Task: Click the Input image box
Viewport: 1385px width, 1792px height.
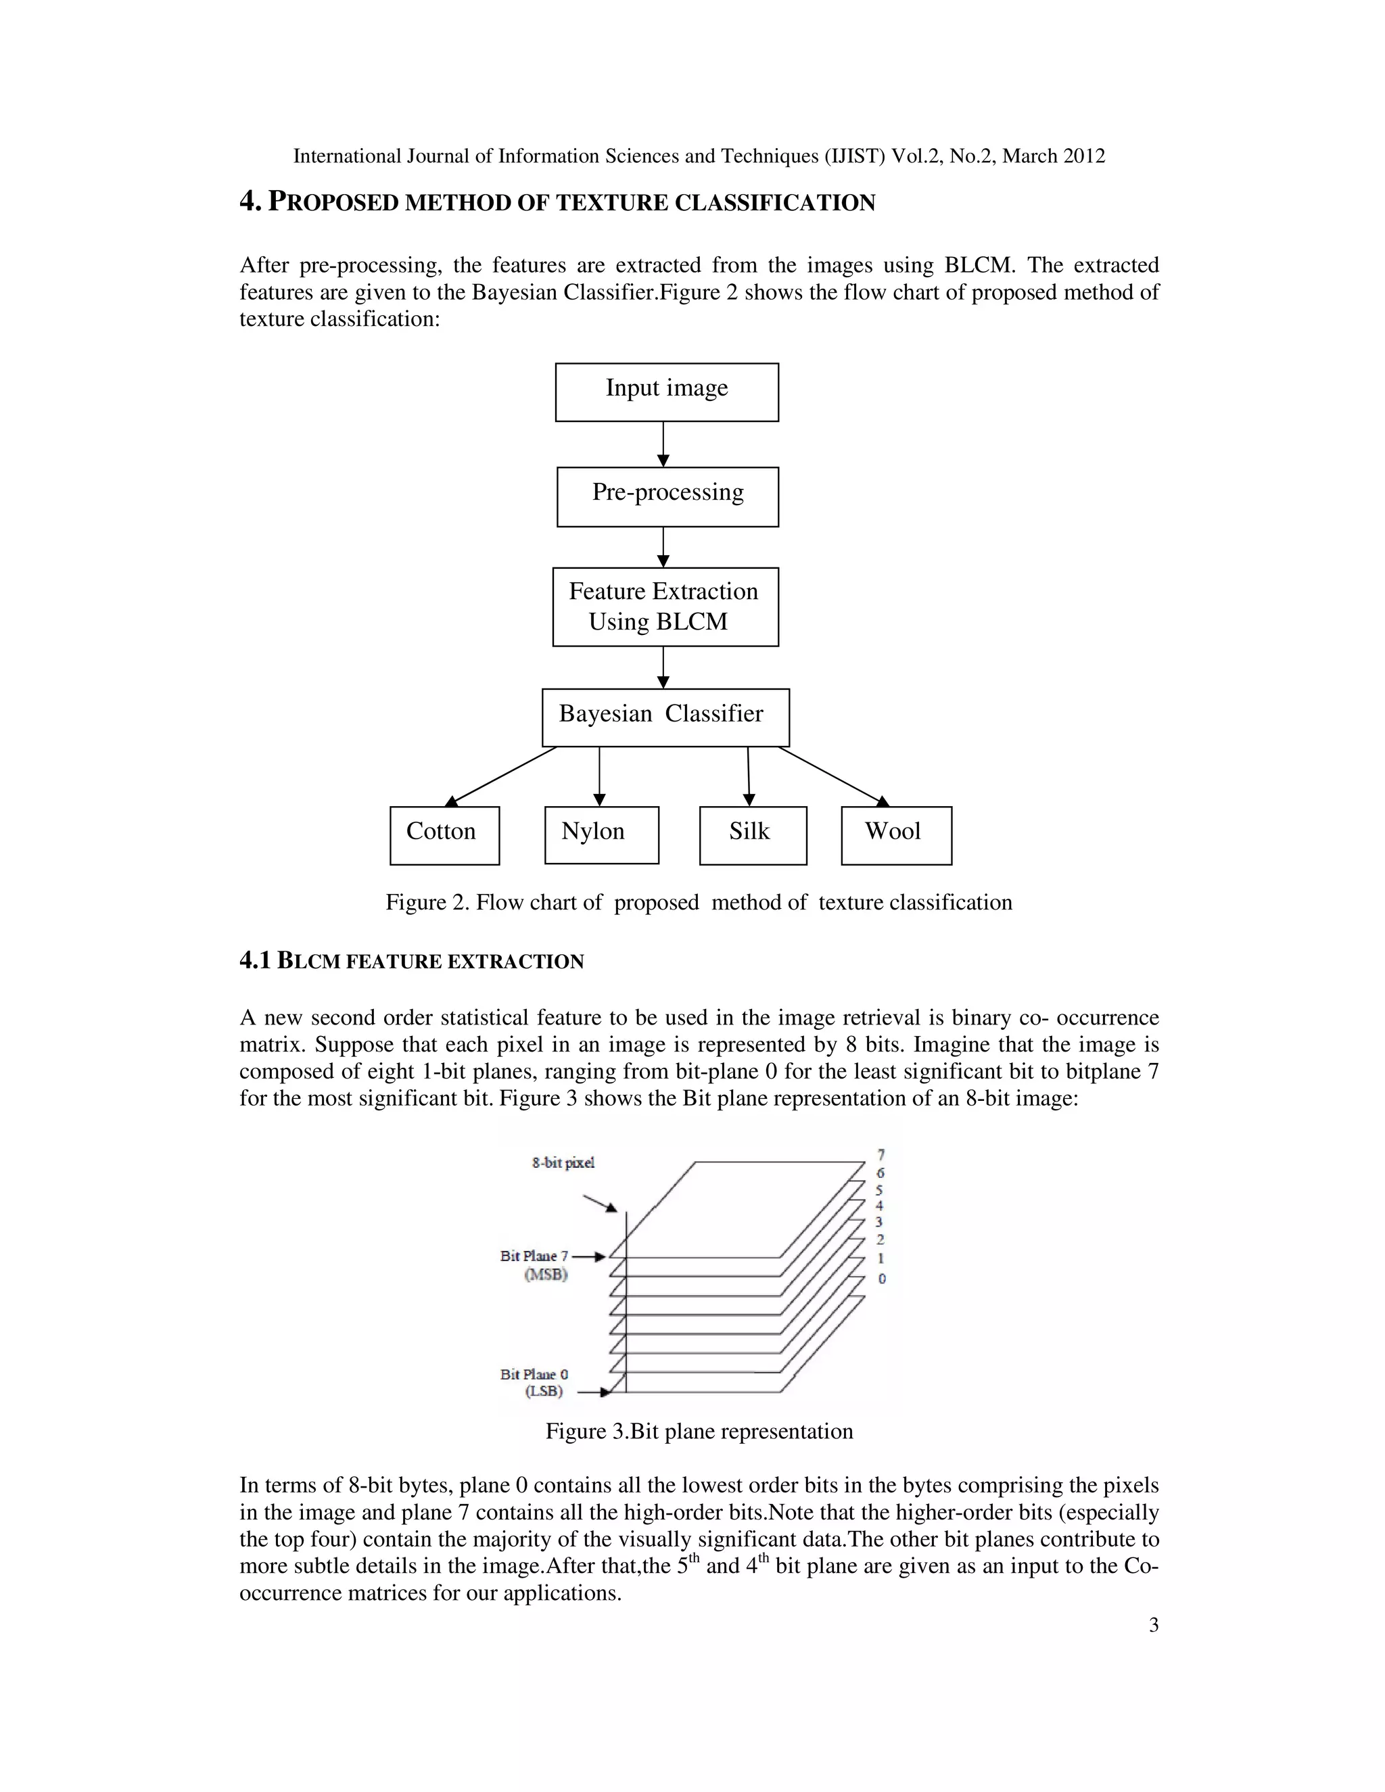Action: [x=666, y=392]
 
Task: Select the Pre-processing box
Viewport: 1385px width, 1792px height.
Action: [x=667, y=496]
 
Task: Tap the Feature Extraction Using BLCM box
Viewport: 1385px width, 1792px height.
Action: [x=665, y=607]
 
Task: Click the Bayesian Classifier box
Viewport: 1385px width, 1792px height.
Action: [x=665, y=717]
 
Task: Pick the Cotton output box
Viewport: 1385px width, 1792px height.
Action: [x=444, y=835]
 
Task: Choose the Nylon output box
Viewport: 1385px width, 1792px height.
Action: [x=601, y=834]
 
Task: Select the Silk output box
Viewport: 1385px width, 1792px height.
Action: [x=753, y=835]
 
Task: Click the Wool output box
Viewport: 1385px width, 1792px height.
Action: [x=896, y=835]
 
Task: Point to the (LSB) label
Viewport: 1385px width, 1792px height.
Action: [x=544, y=1392]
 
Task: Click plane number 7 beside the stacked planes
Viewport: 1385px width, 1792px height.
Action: [x=881, y=1154]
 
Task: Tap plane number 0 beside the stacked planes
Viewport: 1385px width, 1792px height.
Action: [x=882, y=1278]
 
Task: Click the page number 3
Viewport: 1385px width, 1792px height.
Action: [x=1154, y=1626]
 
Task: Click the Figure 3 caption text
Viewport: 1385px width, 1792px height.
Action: [x=699, y=1431]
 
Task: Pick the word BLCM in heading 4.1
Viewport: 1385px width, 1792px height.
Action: [x=308, y=961]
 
